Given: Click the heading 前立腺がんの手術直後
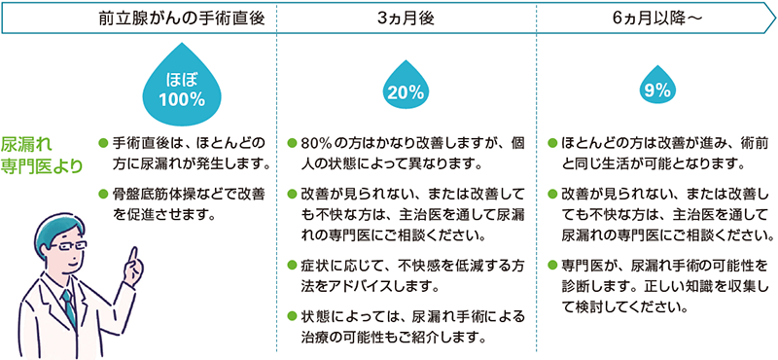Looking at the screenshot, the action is point(181,18).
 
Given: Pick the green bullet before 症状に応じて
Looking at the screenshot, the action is point(294,265).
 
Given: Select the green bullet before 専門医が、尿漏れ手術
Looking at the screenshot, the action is point(553,265).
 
